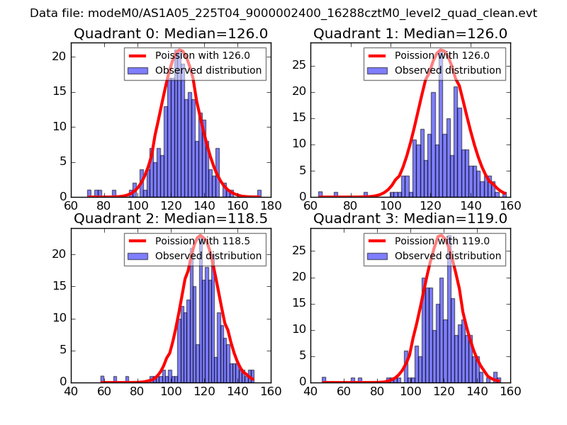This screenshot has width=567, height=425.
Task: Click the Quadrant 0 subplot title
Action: pyautogui.click(x=170, y=33)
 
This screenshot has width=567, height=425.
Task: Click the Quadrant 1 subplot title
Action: pyautogui.click(x=410, y=33)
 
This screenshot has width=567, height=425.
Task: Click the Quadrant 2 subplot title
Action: pyautogui.click(x=170, y=218)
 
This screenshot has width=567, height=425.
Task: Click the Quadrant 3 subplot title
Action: pyautogui.click(x=410, y=218)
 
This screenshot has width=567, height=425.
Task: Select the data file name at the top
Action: pyautogui.click(x=283, y=13)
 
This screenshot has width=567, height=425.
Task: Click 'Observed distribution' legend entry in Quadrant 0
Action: pyautogui.click(x=208, y=70)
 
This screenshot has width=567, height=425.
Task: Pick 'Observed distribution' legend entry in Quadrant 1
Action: pyautogui.click(x=447, y=70)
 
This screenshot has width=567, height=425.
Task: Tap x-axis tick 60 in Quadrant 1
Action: pyautogui.click(x=310, y=205)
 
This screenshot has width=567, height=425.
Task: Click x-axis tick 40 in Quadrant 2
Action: pyautogui.click(x=71, y=390)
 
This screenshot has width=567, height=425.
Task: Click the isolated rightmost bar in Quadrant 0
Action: pyautogui.click(x=259, y=193)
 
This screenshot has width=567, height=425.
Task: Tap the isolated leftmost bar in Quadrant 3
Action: pyautogui.click(x=324, y=379)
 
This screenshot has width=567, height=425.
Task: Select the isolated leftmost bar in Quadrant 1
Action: pyautogui.click(x=320, y=194)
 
